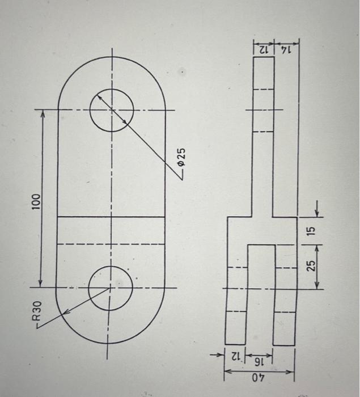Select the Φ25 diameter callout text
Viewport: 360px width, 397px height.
pos(181,155)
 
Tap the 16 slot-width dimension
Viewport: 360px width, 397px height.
pos(260,361)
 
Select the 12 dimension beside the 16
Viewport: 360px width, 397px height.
pos(235,358)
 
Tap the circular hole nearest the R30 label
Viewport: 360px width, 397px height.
pos(111,289)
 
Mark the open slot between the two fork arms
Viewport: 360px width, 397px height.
pos(261,295)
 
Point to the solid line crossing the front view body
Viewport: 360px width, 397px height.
pos(111,217)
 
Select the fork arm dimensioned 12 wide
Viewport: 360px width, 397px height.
pos(236,295)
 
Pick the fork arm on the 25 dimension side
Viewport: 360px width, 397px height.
pos(285,295)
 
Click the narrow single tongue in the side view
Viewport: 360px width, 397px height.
pos(263,136)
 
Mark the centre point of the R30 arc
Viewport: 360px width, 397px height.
pos(111,289)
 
